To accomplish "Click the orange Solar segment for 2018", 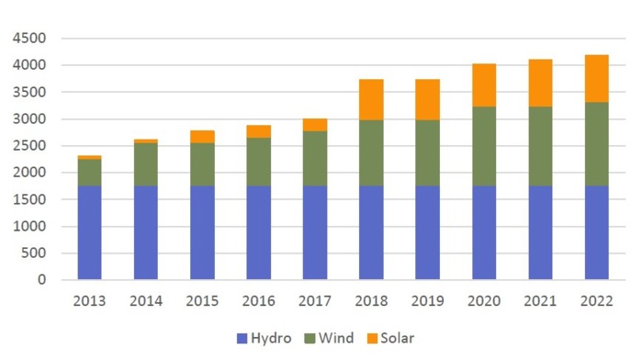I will tap(371, 99).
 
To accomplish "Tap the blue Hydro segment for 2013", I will tap(89, 232).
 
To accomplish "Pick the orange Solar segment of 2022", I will tap(597, 78).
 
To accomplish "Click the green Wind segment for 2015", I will tap(202, 164).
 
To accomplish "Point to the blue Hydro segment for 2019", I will tap(427, 232).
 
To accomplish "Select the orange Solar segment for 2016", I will tap(258, 131).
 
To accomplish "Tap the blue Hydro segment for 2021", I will tap(540, 232).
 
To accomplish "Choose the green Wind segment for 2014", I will tap(146, 164).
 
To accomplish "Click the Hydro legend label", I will tap(271, 338).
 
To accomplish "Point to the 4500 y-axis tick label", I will tap(28, 39).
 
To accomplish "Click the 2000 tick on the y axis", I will tap(28, 173).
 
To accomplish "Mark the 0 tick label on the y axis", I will tap(41, 280).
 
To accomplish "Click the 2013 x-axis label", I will tap(89, 300).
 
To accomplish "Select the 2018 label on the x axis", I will tap(371, 300).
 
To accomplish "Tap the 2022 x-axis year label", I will tap(597, 300).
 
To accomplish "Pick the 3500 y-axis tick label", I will tap(28, 92).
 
